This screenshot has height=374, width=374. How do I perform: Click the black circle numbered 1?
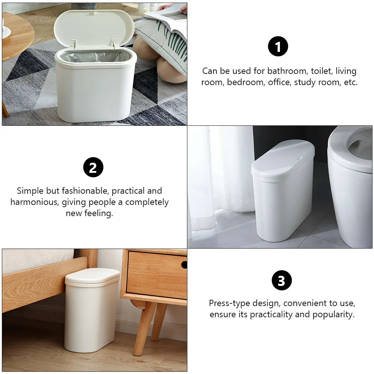pyautogui.click(x=278, y=47)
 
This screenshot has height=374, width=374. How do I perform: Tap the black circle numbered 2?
pyautogui.click(x=93, y=167)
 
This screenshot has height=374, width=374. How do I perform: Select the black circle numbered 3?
pyautogui.click(x=281, y=281)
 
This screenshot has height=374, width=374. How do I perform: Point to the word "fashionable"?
pyautogui.click(x=85, y=191)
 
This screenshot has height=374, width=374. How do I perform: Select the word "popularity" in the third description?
pyautogui.click(x=334, y=315)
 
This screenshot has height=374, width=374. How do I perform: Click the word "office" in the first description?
pyautogui.click(x=278, y=82)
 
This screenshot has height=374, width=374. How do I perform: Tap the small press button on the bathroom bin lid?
pyautogui.click(x=299, y=158)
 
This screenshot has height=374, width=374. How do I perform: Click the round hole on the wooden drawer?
pyautogui.click(x=184, y=265)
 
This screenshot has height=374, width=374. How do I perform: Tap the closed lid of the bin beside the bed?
pyautogui.click(x=92, y=277)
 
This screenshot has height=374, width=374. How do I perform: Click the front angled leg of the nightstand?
pyautogui.click(x=144, y=328)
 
